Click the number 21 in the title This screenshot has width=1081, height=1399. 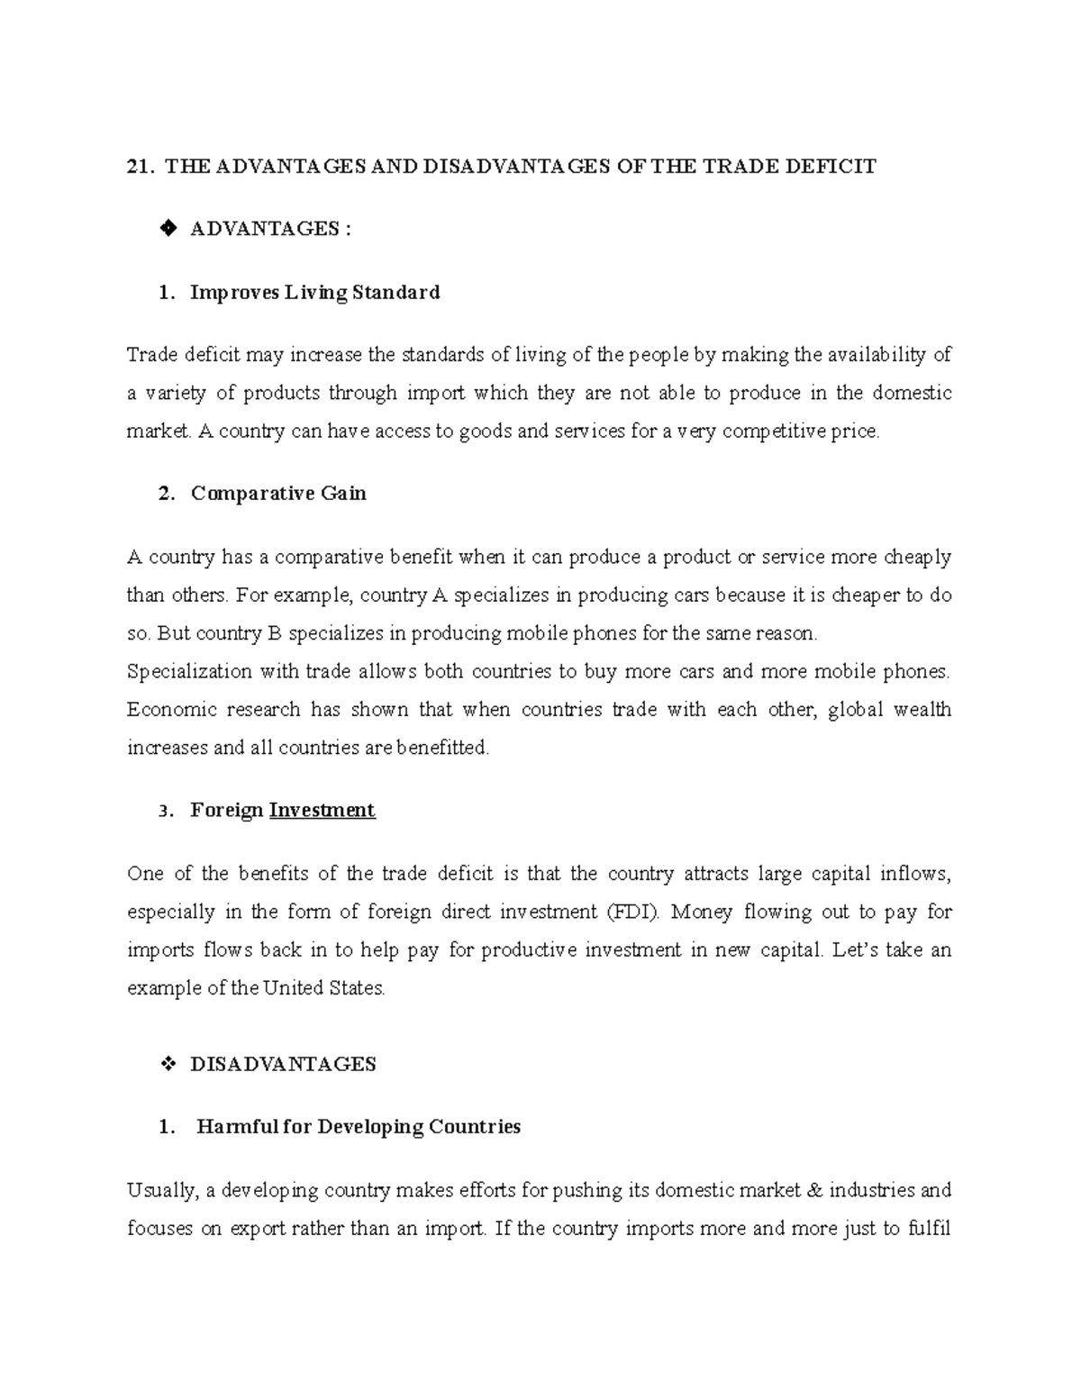pyautogui.click(x=138, y=167)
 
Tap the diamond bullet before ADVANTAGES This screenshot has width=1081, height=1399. pyautogui.click(x=167, y=230)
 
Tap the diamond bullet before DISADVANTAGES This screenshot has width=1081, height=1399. pyautogui.click(x=167, y=1065)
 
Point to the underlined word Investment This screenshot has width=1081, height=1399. pyautogui.click(x=322, y=811)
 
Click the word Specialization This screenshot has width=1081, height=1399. pyautogui.click(x=189, y=672)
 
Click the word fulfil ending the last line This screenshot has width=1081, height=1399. pyautogui.click(x=931, y=1229)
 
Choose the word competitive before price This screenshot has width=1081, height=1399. pyautogui.click(x=774, y=432)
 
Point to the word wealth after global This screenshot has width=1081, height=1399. pyautogui.click(x=922, y=710)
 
